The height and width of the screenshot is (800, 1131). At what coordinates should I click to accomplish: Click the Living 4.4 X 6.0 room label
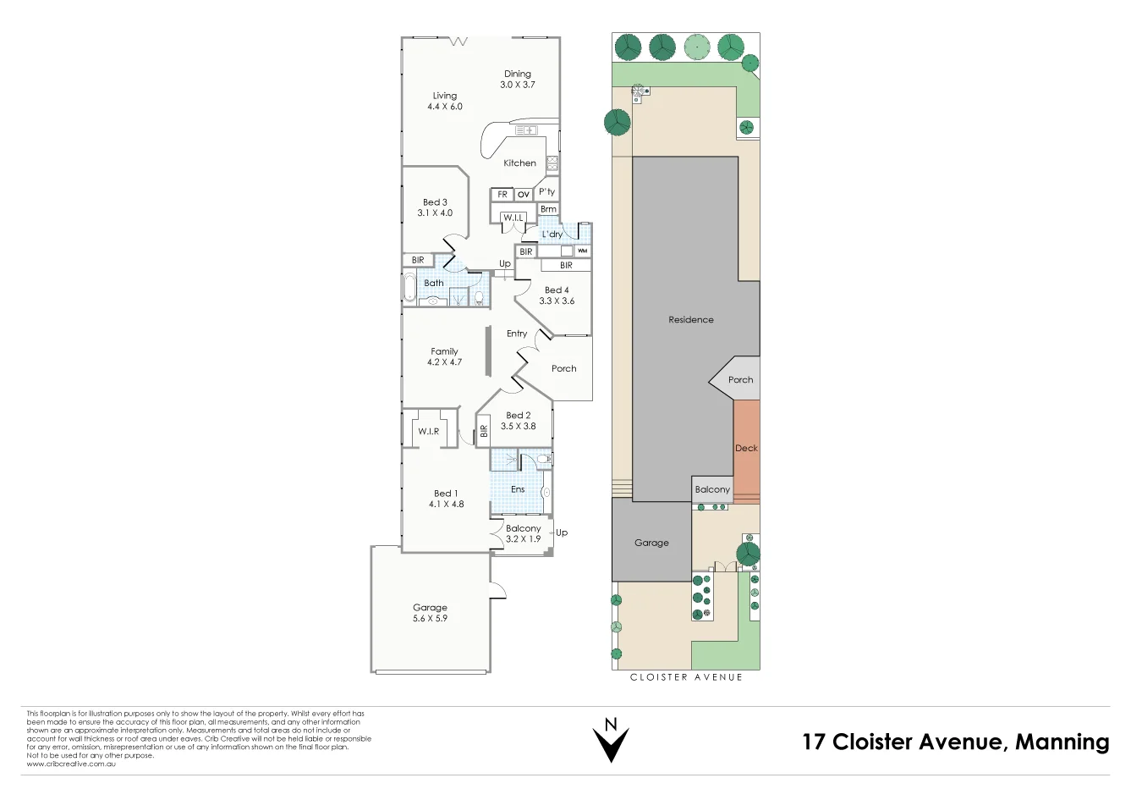[444, 101]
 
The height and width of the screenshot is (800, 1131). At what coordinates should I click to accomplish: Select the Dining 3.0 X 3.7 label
[517, 80]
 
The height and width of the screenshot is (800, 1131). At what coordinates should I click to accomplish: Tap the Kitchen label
[519, 163]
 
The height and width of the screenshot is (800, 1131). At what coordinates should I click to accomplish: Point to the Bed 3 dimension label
[435, 208]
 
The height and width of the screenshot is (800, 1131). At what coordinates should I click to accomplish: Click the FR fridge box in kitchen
[502, 195]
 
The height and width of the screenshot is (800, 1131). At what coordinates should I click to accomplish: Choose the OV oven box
[524, 195]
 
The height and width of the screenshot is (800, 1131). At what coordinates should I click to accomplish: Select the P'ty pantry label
[547, 192]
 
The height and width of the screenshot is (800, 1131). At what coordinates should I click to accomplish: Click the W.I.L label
[513, 218]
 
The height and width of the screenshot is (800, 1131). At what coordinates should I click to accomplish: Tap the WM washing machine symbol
[582, 251]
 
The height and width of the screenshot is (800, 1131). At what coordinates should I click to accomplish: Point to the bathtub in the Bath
[409, 287]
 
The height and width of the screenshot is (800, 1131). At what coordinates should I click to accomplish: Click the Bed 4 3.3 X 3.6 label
[557, 295]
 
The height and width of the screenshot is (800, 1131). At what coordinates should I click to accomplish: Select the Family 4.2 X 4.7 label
[444, 356]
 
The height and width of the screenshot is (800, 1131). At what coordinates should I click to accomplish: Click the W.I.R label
[428, 432]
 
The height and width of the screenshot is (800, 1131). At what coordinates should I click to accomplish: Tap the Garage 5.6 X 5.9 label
[430, 613]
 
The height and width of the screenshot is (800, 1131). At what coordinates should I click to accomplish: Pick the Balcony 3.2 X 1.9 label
[523, 533]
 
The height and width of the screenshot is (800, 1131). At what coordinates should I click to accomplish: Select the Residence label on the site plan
[690, 320]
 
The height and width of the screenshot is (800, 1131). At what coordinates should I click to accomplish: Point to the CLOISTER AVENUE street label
[686, 677]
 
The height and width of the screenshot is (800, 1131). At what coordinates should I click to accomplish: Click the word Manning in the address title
[1062, 742]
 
